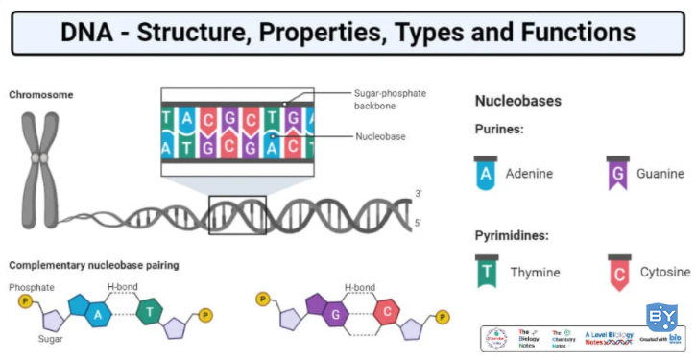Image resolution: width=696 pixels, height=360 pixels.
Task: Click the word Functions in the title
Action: [575, 33]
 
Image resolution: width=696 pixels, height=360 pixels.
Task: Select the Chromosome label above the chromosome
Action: [41, 94]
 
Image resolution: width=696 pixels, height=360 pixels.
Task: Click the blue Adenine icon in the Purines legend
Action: [488, 172]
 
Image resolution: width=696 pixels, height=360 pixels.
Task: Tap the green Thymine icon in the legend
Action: [488, 270]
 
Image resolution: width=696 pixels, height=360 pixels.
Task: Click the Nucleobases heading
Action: [519, 100]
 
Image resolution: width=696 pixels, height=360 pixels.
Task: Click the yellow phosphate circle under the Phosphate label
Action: [27, 301]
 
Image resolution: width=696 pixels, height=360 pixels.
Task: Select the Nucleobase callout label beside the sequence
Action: [379, 136]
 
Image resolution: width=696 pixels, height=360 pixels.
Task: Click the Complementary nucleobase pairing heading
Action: [94, 265]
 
